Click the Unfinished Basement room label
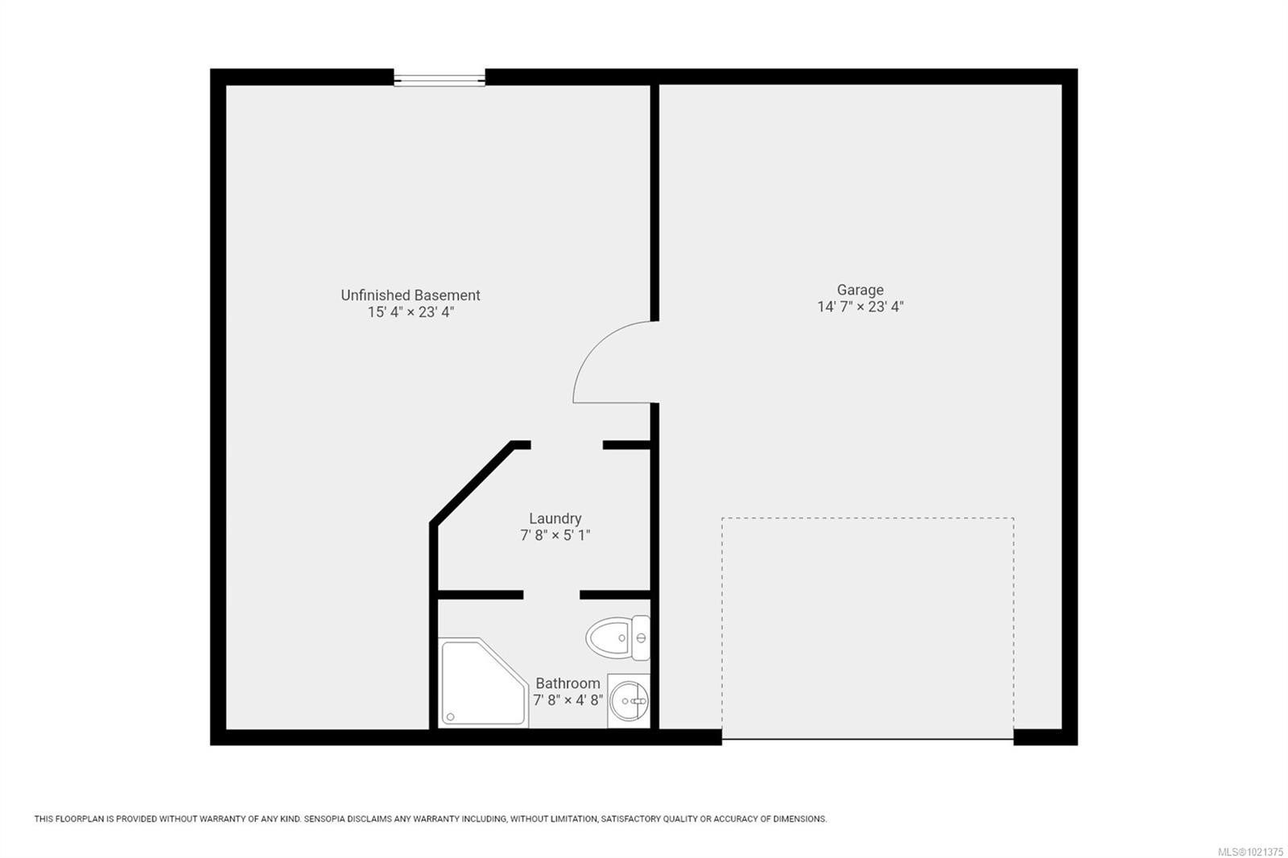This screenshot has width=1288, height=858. (411, 295)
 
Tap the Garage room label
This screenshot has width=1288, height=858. (860, 290)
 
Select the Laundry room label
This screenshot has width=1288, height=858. (555, 518)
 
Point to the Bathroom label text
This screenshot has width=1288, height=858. (568, 683)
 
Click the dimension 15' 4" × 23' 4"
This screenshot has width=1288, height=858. (411, 312)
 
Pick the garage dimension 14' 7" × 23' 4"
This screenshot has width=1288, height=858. (860, 307)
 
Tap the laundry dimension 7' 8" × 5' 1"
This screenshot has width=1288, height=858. (555, 535)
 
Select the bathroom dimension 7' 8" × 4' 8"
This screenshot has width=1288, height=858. (568, 700)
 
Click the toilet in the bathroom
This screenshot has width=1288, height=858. (610, 638)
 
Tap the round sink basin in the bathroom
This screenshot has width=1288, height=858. (629, 701)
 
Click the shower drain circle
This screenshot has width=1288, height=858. (450, 716)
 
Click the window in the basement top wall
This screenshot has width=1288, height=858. (440, 78)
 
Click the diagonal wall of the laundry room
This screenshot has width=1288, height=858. (472, 483)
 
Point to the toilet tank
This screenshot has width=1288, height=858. (641, 638)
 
